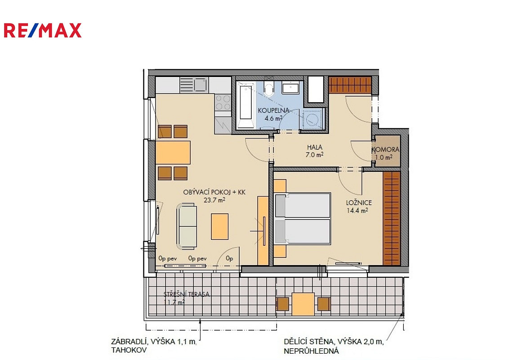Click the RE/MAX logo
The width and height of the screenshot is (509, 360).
43,31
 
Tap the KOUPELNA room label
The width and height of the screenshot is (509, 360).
273,110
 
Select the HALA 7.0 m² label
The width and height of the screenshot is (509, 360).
315,151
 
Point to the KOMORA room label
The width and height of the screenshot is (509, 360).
385,150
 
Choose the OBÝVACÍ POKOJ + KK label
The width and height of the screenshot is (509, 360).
214,192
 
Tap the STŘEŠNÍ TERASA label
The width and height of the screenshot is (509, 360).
186,294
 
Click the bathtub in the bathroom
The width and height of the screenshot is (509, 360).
246,106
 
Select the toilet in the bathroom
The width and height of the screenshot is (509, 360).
269,89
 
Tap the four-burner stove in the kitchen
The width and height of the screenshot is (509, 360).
223,102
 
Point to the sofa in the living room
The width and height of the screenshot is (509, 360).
187,226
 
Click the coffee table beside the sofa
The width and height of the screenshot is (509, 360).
220,226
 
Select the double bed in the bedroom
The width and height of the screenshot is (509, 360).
303,218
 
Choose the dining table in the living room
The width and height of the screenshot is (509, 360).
173,153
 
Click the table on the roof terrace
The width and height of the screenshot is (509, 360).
303,304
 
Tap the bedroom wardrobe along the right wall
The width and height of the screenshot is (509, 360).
392,218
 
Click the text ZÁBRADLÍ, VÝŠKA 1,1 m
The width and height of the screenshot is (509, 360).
154,342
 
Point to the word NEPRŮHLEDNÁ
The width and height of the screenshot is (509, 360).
311,351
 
